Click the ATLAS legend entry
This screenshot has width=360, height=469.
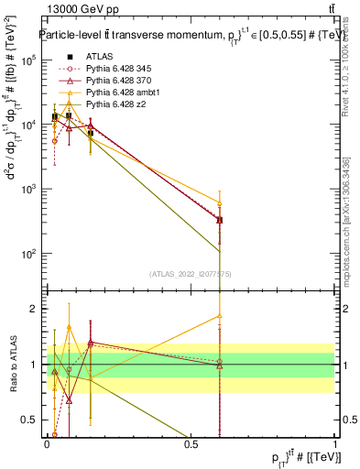coord(101,57)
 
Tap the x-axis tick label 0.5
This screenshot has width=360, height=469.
coord(191,444)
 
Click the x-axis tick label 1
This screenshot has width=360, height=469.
coord(335,444)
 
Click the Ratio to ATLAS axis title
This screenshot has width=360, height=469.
coord(12,365)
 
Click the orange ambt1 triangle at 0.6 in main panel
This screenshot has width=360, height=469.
coord(220,202)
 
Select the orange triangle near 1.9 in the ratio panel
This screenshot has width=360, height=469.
coord(220,315)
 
